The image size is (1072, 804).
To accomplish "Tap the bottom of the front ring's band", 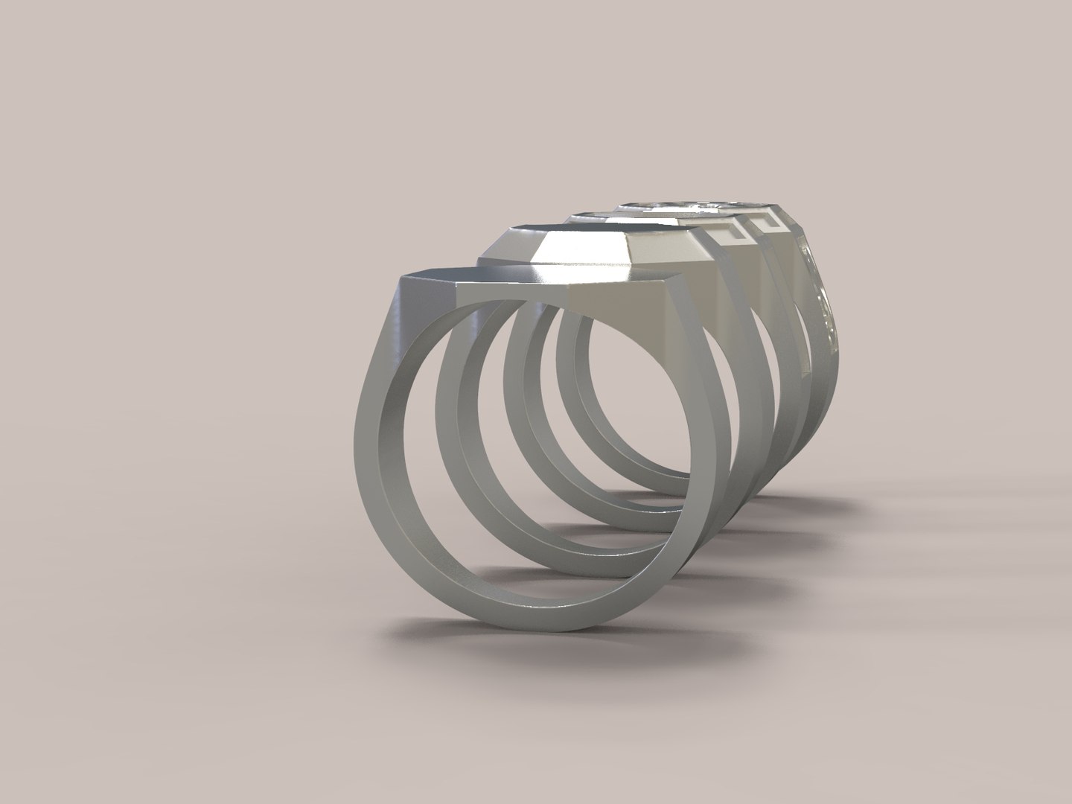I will pos(521,613).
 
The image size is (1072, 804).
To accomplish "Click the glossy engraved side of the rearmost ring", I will pos(819,298).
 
